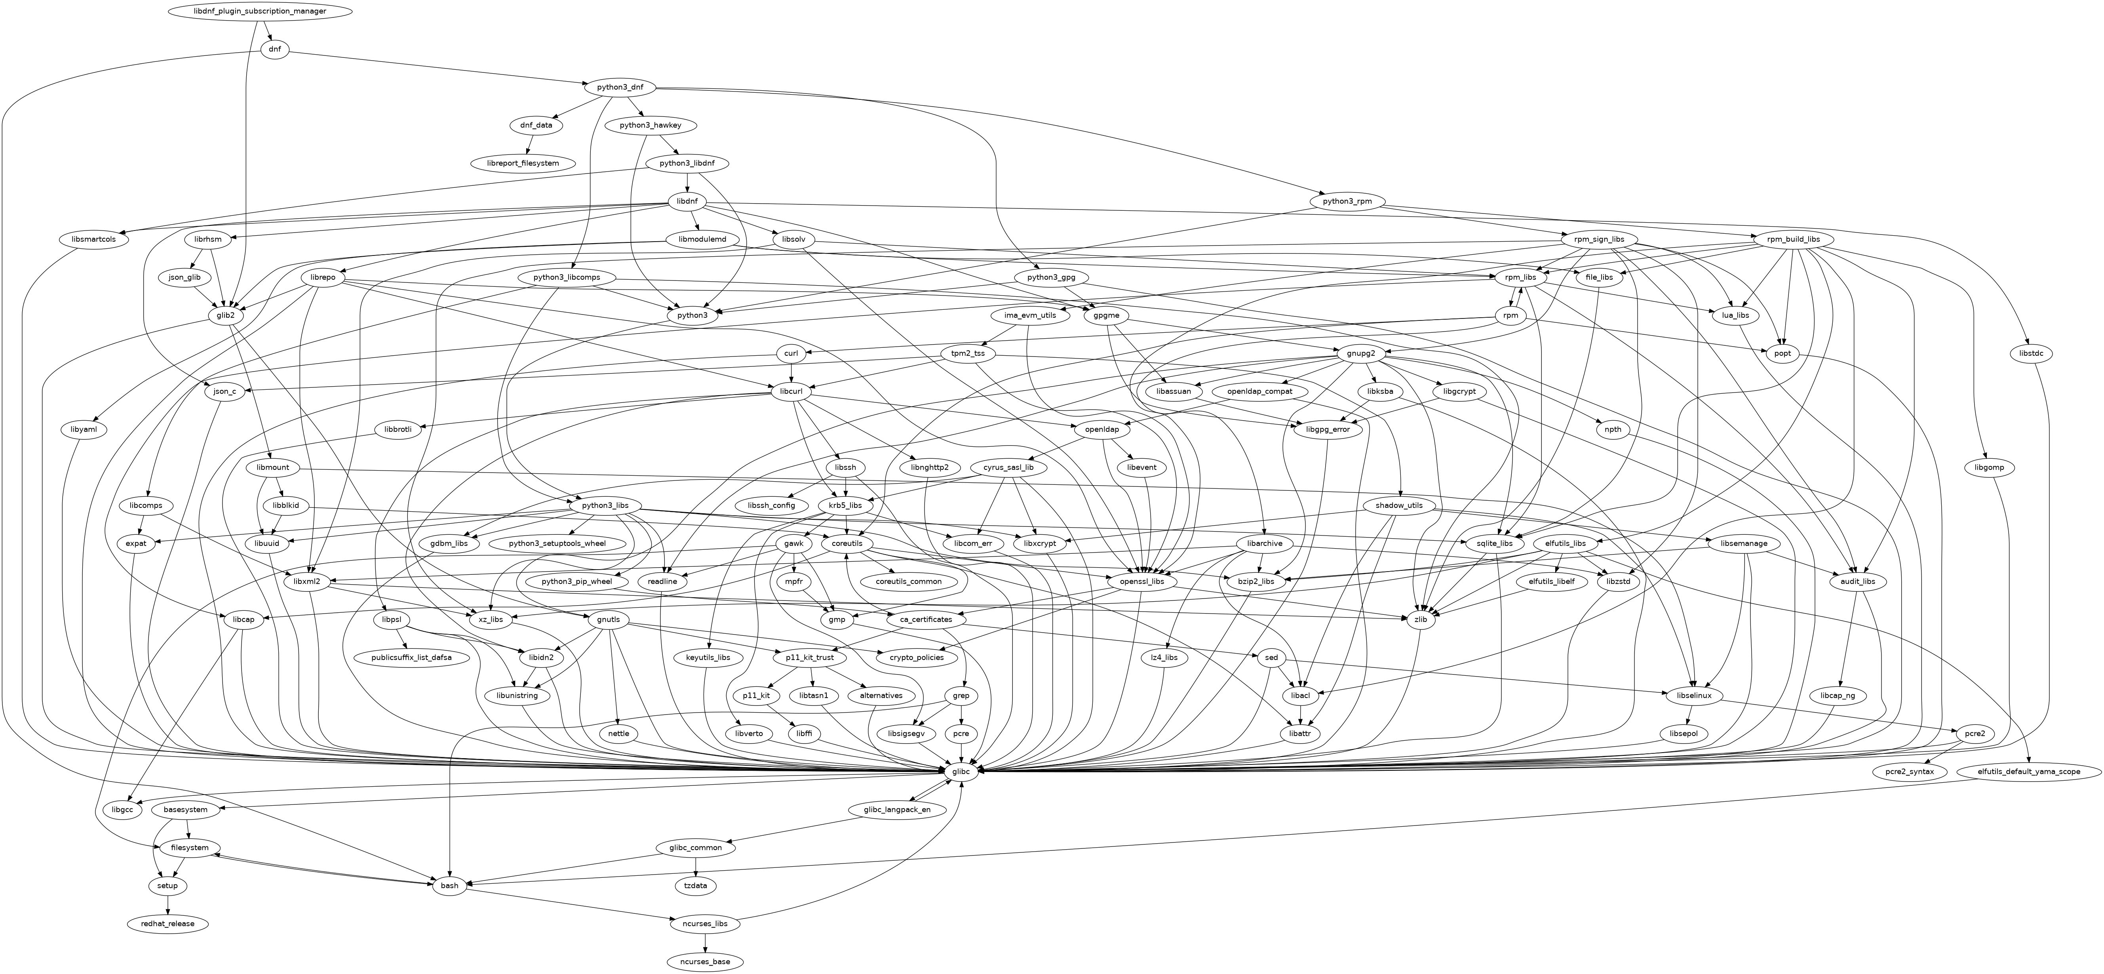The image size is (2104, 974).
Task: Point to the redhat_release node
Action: click(x=167, y=923)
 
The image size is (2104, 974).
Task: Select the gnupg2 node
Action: click(x=1362, y=354)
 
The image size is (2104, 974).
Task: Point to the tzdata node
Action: click(x=695, y=886)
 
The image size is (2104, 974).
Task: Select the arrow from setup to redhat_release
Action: click(x=167, y=905)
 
